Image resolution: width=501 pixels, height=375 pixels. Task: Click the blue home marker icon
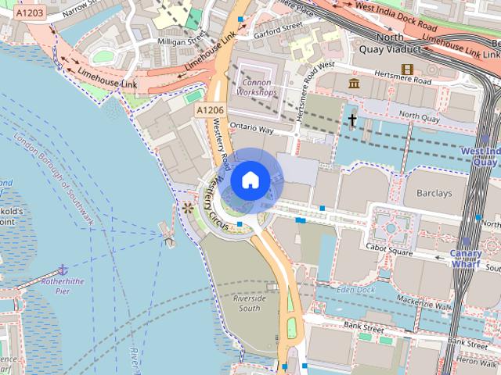(250, 180)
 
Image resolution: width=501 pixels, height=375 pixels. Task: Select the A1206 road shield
(209, 111)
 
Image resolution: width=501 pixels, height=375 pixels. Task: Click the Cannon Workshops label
(258, 87)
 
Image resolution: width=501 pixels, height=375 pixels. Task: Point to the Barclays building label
(434, 193)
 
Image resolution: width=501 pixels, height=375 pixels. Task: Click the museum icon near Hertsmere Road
(354, 83)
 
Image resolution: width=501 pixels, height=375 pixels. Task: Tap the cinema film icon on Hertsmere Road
(406, 70)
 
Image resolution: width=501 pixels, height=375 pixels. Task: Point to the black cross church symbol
(353, 120)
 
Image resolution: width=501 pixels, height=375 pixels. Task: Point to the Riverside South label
(249, 303)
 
